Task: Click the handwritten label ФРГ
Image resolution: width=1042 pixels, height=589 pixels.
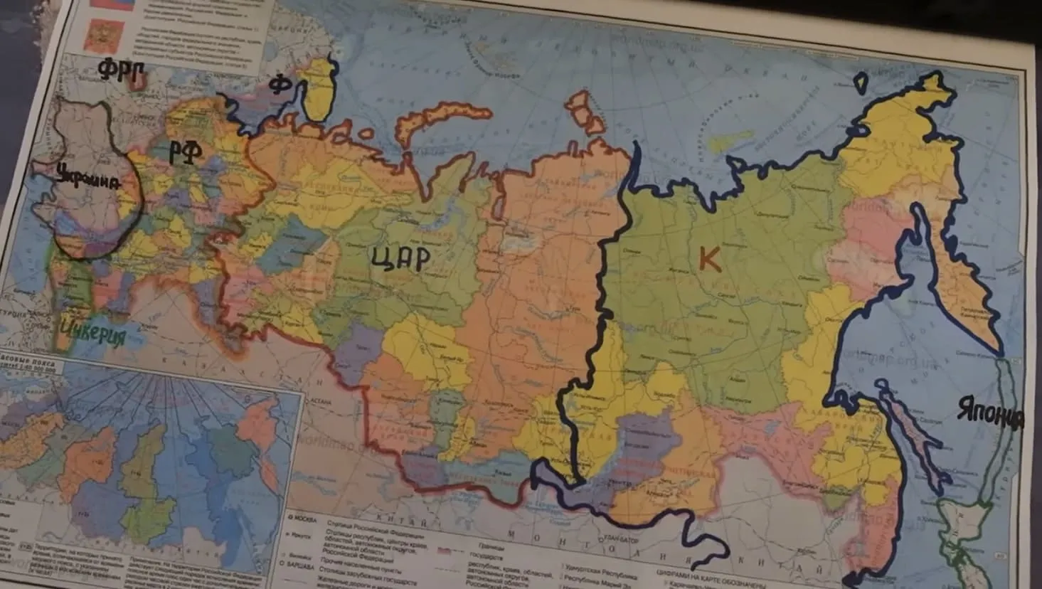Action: tap(121, 72)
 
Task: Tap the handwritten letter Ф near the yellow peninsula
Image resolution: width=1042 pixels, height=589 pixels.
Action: tap(281, 85)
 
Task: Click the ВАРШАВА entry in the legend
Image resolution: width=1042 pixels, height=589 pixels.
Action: tap(302, 566)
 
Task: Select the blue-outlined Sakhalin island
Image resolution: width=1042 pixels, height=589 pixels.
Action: tap(910, 434)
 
